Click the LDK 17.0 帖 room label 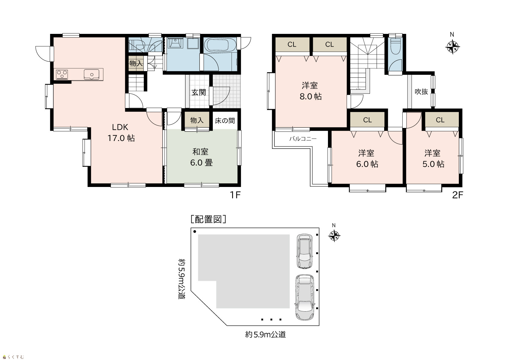click(121, 133)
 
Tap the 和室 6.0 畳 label click(201, 157)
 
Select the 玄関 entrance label click(199, 92)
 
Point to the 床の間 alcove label click(225, 120)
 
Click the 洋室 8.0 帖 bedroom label click(310, 91)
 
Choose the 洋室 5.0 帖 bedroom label click(433, 159)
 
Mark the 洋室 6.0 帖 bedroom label click(367, 159)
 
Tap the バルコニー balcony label click(303, 139)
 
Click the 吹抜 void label click(421, 92)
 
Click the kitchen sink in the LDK click(91, 74)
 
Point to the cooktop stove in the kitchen click(62, 74)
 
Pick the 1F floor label click(235, 195)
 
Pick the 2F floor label click(457, 195)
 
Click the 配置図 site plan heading click(208, 219)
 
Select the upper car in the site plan click(304, 251)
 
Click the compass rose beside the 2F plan click(452, 47)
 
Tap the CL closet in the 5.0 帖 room click(440, 120)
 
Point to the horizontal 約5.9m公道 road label click(265, 335)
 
